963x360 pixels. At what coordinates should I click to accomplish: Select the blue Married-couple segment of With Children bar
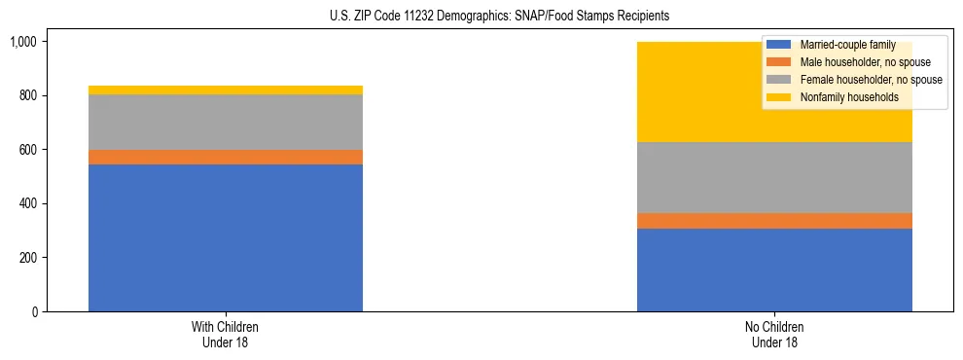point(226,237)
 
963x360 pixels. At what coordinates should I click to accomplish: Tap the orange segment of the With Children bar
point(226,157)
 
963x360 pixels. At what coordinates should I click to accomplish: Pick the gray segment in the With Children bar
point(226,122)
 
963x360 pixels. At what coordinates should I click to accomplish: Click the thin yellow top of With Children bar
point(226,90)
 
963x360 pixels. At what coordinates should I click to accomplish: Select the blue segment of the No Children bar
point(774,270)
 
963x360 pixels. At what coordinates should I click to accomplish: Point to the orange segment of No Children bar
point(774,221)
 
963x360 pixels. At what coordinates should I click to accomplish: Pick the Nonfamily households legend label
point(842,97)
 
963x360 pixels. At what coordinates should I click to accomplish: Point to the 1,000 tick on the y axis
point(23,42)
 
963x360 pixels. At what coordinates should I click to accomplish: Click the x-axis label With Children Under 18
point(226,335)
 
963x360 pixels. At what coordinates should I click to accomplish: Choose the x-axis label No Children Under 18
point(774,335)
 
